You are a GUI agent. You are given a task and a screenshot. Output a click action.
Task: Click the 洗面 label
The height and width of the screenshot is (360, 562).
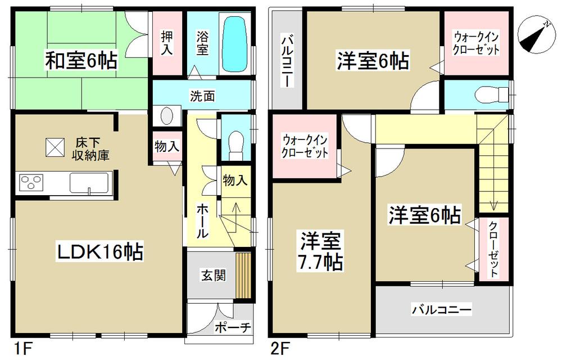(201, 96)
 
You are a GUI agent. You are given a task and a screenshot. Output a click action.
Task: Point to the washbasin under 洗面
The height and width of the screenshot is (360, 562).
(167, 116)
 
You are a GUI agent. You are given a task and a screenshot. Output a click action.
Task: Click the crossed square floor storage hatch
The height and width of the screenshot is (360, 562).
(56, 148)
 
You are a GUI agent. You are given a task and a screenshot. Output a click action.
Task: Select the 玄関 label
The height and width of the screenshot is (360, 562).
(213, 276)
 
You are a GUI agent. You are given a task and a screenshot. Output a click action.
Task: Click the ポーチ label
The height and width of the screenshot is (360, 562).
(232, 328)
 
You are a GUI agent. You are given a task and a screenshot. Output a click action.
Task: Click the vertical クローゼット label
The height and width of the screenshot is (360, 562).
(493, 248)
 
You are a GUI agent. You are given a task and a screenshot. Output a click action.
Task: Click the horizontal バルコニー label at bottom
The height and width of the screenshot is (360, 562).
(442, 309)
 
